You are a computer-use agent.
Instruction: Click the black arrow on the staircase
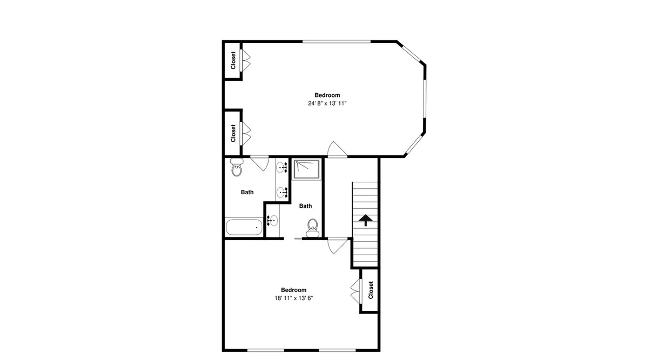click(x=365, y=220)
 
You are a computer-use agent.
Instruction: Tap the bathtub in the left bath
click(x=244, y=227)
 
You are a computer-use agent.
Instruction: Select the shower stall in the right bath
click(x=307, y=169)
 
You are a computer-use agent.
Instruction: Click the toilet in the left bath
click(x=237, y=167)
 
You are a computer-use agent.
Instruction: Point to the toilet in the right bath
click(x=312, y=228)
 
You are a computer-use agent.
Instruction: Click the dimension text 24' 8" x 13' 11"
click(x=327, y=103)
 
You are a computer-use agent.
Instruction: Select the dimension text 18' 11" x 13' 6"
click(x=294, y=298)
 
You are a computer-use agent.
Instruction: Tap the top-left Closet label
click(x=233, y=60)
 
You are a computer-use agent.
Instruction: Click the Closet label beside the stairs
click(x=371, y=290)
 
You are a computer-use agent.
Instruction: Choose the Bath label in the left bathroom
click(x=247, y=192)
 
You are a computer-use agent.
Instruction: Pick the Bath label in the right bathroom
click(x=305, y=206)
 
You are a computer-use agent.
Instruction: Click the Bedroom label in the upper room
click(x=327, y=95)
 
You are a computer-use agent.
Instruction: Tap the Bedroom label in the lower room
click(x=294, y=290)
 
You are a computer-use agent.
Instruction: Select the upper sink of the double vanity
click(x=282, y=168)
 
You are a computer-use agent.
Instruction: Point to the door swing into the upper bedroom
click(x=337, y=149)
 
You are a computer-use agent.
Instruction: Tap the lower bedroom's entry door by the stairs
click(x=338, y=246)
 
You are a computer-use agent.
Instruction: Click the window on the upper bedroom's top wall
click(x=337, y=42)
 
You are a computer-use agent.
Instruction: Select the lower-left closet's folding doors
click(x=246, y=134)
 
